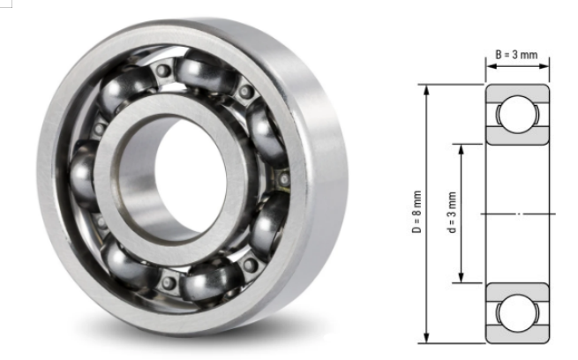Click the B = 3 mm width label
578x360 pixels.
[516, 55]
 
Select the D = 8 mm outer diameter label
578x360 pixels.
[417, 214]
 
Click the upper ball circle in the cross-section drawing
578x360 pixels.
[516, 115]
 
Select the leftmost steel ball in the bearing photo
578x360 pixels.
[85, 171]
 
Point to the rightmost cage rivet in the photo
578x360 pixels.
[284, 179]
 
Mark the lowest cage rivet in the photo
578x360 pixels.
[169, 283]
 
